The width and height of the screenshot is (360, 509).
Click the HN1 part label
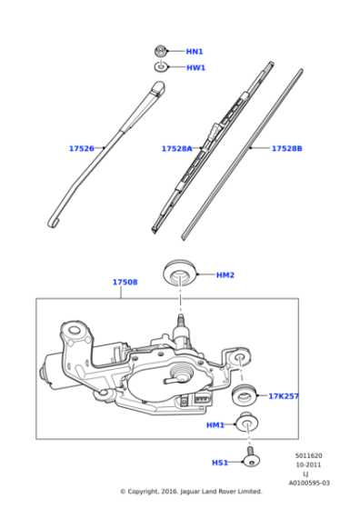point(195,52)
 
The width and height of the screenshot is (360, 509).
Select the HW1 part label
point(195,67)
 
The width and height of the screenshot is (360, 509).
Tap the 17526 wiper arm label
point(82,148)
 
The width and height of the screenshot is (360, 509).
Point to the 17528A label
point(176,148)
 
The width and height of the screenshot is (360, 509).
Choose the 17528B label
point(286,148)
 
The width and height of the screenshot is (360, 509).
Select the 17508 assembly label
point(125,283)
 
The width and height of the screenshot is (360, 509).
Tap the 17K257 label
point(283,396)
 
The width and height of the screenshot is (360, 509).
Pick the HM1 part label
point(215,424)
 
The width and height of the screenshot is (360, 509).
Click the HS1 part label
point(220,463)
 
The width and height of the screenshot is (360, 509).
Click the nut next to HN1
point(161,51)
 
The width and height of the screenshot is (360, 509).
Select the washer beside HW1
point(161,67)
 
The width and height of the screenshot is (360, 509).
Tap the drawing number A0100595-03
point(309,483)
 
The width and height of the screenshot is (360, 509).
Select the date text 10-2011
point(306,464)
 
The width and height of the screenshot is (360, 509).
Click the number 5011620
point(306,455)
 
